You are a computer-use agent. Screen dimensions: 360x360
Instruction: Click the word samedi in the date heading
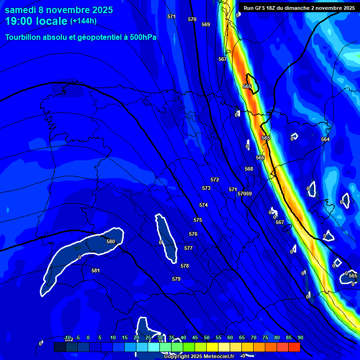22,10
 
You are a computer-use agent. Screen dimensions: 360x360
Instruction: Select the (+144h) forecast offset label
83,21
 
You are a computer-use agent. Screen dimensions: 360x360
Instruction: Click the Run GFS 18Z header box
299,7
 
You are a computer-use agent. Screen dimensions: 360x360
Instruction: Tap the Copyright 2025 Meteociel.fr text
199,356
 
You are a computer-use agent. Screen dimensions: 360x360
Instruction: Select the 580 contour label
111,241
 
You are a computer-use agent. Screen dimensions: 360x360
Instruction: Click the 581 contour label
96,270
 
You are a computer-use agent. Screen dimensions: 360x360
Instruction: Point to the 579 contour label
176,279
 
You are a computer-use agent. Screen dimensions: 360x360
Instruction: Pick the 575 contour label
198,220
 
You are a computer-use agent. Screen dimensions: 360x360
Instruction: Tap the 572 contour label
215,180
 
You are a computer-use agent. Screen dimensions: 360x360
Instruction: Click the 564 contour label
325,139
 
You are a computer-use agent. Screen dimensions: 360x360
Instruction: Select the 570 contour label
192,19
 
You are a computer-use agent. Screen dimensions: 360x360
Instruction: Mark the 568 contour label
249,169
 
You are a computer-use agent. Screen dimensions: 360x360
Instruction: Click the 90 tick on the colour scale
300,337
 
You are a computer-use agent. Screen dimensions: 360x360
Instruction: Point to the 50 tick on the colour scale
207,337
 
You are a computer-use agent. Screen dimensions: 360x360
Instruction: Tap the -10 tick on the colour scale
67,337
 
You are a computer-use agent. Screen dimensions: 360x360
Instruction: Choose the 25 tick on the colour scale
148,337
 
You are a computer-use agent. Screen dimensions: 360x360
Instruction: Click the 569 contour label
206,24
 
